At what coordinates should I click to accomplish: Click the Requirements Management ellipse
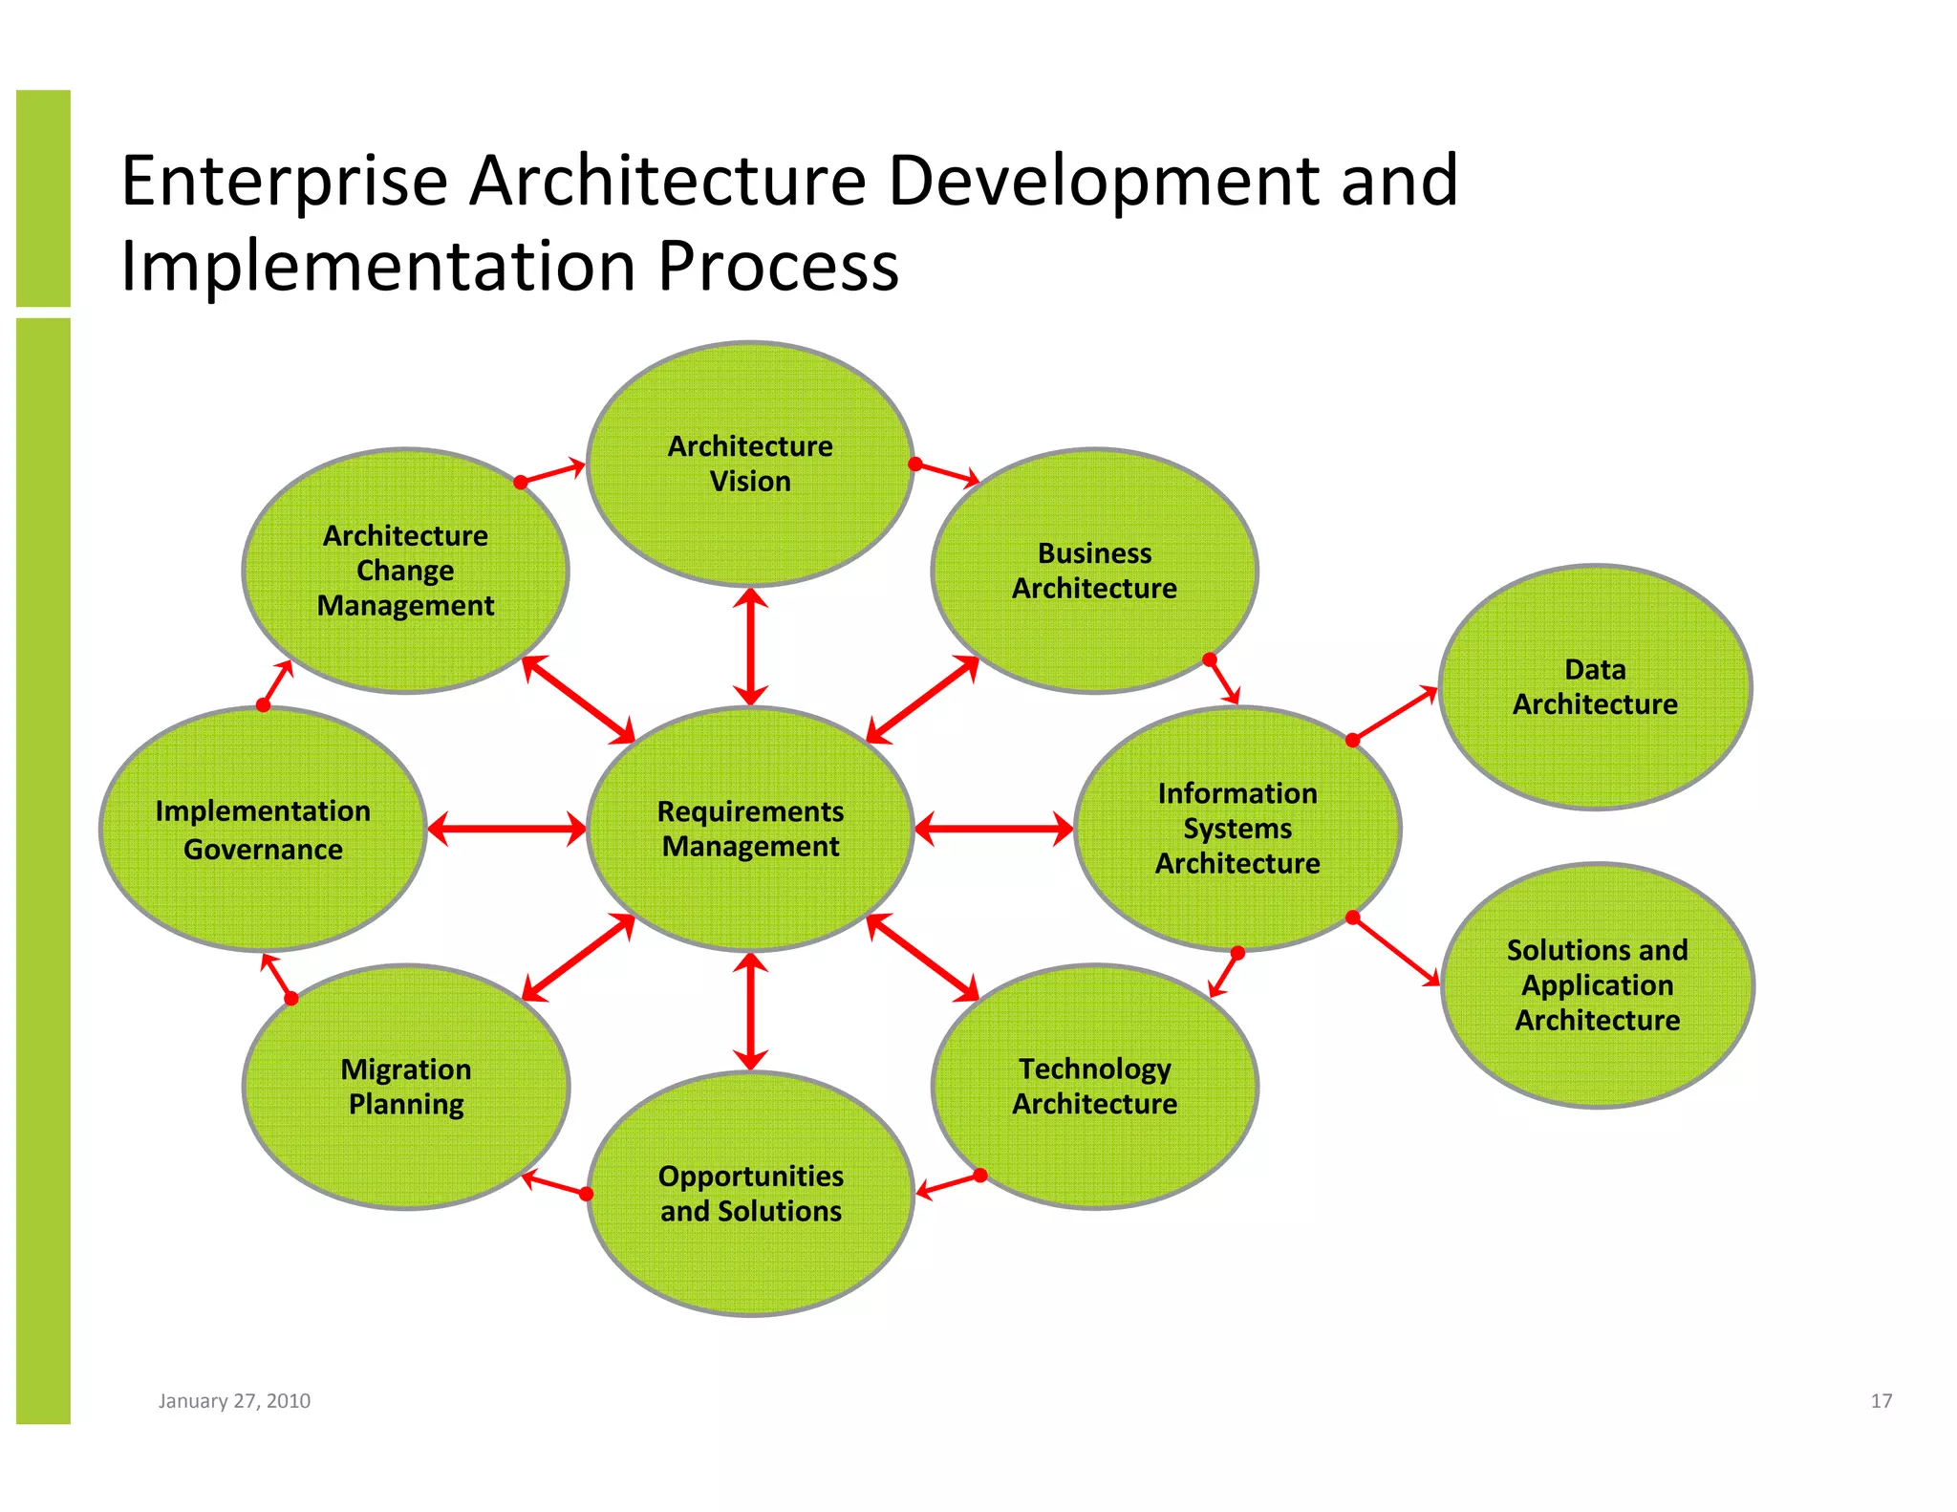750,828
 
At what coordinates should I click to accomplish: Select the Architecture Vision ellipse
750,464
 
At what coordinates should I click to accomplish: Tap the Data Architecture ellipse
1595,686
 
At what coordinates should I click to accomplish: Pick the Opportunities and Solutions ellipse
750,1194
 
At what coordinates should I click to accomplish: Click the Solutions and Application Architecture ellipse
1597,984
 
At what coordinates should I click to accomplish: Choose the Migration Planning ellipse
406,1087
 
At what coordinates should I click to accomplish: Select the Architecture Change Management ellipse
406,571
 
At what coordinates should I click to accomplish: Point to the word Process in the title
778,266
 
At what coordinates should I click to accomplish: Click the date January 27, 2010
234,1400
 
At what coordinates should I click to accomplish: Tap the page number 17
1881,1400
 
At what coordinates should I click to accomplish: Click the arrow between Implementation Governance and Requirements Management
506,828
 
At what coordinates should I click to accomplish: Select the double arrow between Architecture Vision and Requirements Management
750,646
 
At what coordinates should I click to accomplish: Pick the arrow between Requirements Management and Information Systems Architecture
994,828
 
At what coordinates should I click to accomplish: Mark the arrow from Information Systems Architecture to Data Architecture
1395,714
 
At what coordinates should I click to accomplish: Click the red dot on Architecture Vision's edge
914,464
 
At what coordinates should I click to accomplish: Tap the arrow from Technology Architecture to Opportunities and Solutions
948,1184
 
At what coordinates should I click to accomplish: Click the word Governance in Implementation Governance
263,849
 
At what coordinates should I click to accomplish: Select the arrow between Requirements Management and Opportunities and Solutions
750,1011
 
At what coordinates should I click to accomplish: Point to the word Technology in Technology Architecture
1094,1069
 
